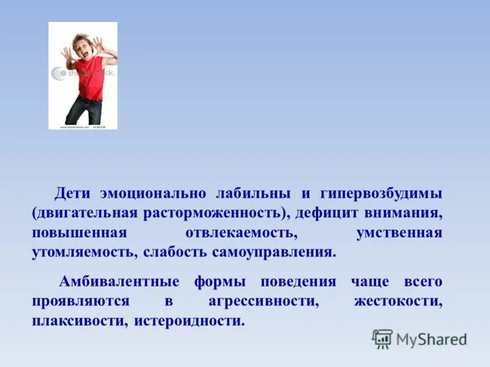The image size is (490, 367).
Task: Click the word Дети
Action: (x=73, y=194)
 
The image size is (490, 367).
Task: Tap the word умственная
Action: (x=399, y=233)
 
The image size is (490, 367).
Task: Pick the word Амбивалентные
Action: (x=119, y=282)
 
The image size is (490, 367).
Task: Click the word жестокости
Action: (x=398, y=302)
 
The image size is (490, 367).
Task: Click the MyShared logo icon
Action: (x=382, y=339)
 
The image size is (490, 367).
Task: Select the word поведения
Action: (x=298, y=282)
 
